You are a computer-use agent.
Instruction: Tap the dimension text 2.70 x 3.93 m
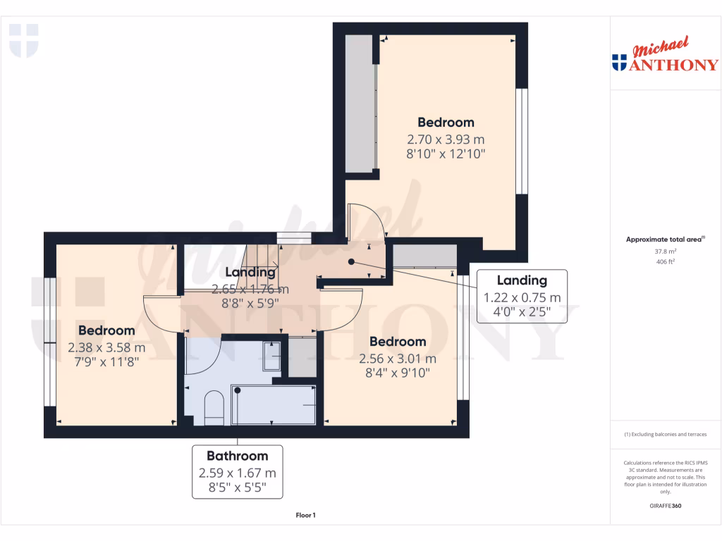[x=446, y=139]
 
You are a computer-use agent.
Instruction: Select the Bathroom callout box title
[x=237, y=456]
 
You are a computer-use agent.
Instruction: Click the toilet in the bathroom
[x=213, y=409]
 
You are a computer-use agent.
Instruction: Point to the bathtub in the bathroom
[x=273, y=406]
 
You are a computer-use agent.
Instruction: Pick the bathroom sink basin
[x=271, y=356]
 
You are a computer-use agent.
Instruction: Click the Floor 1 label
[x=305, y=516]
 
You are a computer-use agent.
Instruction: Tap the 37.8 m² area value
[x=666, y=251]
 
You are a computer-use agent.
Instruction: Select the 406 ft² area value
[x=666, y=261]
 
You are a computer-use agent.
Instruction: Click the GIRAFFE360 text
[x=666, y=506]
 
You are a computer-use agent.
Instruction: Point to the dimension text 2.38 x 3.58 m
[x=106, y=347]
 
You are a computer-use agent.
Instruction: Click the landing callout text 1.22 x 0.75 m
[x=522, y=297]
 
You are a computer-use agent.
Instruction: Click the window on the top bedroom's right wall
[x=521, y=141]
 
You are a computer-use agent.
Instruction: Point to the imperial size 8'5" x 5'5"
[x=237, y=487]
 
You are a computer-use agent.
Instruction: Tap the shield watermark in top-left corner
[x=23, y=40]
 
